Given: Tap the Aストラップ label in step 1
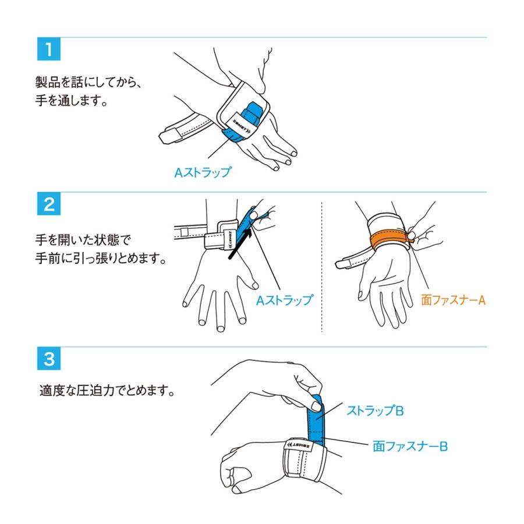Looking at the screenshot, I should click(x=202, y=172).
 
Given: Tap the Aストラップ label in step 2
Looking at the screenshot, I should click(x=285, y=300).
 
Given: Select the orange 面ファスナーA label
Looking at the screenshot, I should click(x=453, y=300).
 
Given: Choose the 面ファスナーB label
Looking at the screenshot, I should click(x=410, y=447).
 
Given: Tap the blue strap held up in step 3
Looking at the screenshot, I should click(x=318, y=419).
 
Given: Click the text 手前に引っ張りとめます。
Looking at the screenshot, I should click(x=101, y=259).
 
